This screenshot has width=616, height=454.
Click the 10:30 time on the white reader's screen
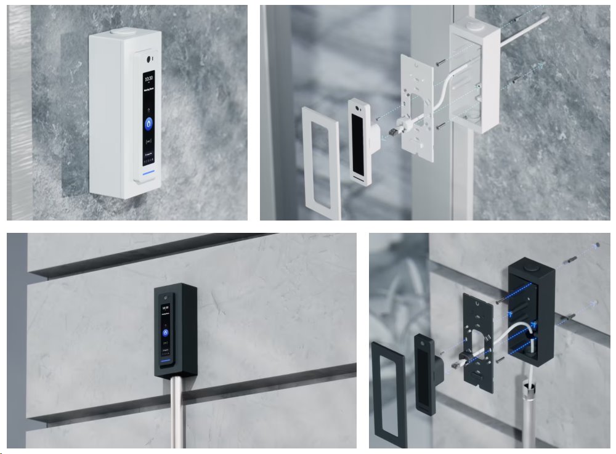click(x=148, y=78)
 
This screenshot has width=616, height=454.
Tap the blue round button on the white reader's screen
click(x=148, y=123)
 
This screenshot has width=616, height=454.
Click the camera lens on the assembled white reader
click(x=148, y=59)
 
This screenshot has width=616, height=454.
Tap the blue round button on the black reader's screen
click(x=165, y=332)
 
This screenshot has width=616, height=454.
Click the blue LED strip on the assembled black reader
click(x=164, y=360)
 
